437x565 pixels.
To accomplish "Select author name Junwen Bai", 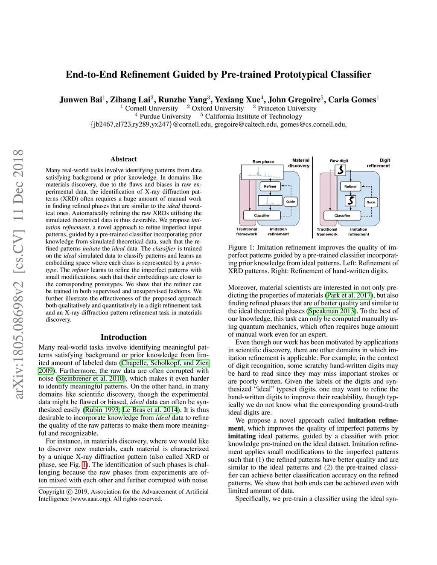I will (x=80, y=100).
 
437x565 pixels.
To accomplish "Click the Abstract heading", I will (x=124, y=159).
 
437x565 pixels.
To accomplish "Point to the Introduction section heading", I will (x=123, y=337).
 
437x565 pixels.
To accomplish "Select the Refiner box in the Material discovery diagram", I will (x=270, y=186).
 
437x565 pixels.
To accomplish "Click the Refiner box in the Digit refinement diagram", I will (x=350, y=186).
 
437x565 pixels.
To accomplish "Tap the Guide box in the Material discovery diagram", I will (x=291, y=201).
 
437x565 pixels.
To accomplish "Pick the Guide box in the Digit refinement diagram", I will (x=371, y=202).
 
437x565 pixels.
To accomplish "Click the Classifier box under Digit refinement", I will (x=342, y=216).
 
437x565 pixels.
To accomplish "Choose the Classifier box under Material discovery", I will (x=262, y=216).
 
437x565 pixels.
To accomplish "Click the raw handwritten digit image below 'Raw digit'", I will (x=340, y=170).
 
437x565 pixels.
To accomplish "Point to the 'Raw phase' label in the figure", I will (x=263, y=162).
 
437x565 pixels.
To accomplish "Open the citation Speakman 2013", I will (x=332, y=311).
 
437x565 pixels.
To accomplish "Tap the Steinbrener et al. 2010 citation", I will (x=91, y=378).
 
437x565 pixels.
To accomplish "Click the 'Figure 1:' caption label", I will (x=238, y=247).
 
